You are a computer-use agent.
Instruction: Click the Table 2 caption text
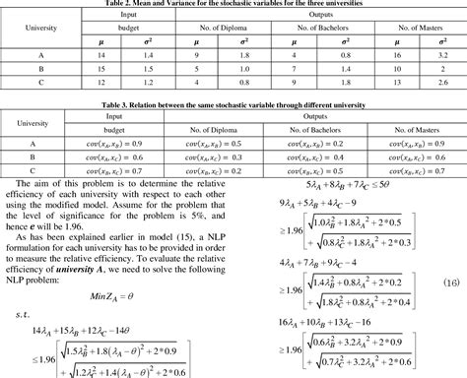[x=233, y=4]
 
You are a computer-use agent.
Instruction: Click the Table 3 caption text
[x=233, y=103]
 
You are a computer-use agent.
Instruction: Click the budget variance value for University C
[x=147, y=86]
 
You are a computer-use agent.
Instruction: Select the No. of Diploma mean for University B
[x=198, y=72]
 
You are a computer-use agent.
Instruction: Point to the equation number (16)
[x=452, y=281]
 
